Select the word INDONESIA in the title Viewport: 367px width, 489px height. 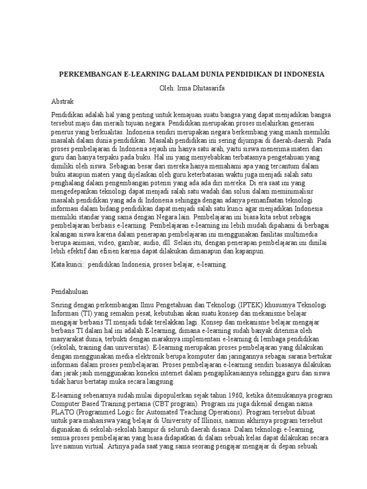click(x=302, y=74)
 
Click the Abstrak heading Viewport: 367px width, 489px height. click(x=63, y=102)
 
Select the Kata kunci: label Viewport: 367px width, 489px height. click(x=68, y=264)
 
